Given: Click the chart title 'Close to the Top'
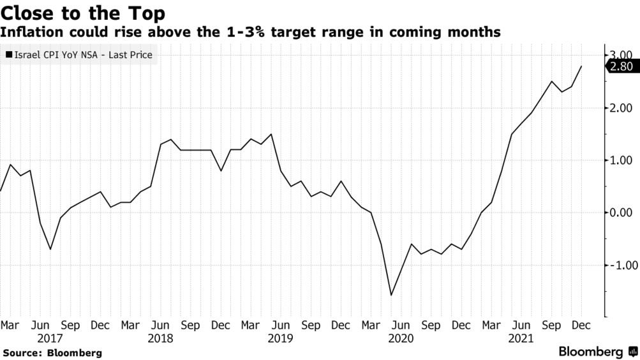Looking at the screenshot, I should coord(84,13).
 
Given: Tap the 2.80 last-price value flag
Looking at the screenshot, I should coord(620,66).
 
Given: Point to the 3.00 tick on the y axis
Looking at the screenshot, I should coord(620,56).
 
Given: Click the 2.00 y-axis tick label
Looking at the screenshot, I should coord(620,108).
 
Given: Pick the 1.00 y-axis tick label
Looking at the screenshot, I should coord(620,160).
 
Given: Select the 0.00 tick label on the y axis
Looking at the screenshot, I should coord(620,213).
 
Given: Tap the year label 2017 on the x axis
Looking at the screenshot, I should coord(50,338).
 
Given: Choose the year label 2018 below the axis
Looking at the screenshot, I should coord(161,338).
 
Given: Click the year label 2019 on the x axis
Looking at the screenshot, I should coord(281,338).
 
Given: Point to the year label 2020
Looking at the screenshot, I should coord(400,338).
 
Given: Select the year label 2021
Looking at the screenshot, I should coord(521,338).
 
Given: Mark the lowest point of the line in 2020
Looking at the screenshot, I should coord(391,295).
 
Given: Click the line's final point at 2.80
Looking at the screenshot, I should coord(581,66).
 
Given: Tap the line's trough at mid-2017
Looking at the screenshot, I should coord(50,249).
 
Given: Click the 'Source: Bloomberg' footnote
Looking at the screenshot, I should coord(52,352).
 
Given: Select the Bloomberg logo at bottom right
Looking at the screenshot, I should coord(597,352).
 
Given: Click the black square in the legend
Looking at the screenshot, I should coord(9,56).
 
